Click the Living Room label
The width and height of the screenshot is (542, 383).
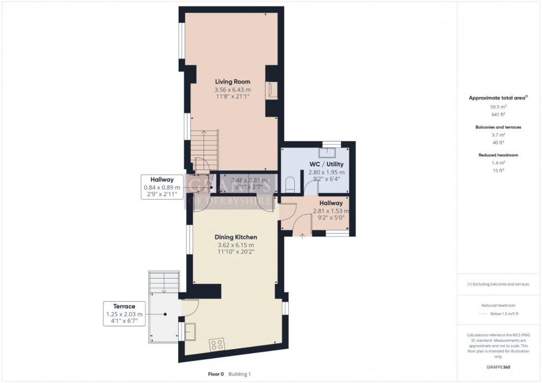coord(232,82)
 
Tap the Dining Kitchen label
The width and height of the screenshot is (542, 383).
coord(236,237)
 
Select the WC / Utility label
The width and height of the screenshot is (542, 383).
coord(327,164)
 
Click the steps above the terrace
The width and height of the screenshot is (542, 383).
coord(164,282)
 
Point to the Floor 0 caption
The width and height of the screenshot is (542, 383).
coord(215,374)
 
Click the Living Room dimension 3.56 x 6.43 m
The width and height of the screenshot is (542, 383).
coord(232,90)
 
